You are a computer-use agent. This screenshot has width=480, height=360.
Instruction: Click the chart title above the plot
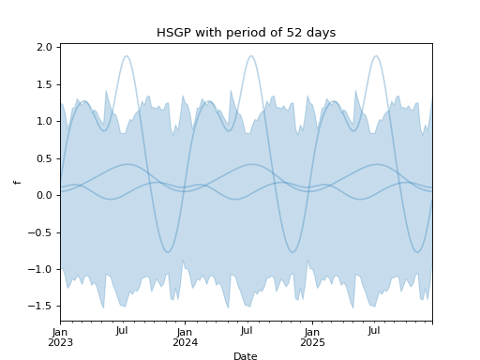246,33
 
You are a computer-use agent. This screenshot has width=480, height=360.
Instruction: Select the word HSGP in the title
173,33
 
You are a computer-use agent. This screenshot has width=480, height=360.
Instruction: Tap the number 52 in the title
279,33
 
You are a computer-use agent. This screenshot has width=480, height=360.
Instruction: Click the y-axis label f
17,182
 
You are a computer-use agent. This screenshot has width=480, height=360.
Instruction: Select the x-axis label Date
246,356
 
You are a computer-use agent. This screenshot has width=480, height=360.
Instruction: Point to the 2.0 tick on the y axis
43,47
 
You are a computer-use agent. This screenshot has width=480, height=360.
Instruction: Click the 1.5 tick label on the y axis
43,83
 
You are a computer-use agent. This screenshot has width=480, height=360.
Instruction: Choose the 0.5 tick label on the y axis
43,157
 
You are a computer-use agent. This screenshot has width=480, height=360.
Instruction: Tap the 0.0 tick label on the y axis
43,195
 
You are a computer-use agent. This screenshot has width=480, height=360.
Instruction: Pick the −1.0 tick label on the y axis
40,269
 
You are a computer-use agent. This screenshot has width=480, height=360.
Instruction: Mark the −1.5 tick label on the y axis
40,306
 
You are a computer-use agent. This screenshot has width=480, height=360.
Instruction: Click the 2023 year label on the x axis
61,343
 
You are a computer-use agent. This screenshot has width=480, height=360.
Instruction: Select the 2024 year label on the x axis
185,343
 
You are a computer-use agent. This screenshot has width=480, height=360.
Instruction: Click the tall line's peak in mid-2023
126,56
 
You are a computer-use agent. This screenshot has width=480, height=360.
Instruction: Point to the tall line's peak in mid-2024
250,56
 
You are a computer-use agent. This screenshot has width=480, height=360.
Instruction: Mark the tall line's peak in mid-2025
376,56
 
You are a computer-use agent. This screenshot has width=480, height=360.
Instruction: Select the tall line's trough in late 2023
168,251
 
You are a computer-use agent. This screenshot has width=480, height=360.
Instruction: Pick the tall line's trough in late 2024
292,251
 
